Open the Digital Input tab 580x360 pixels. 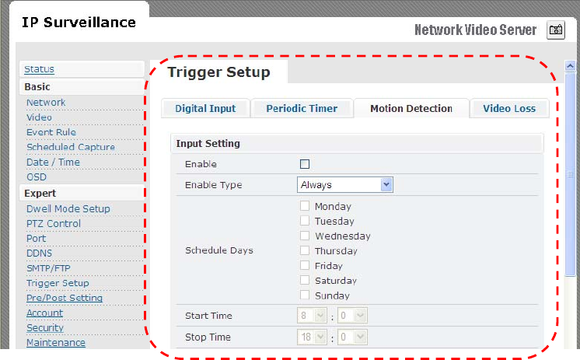coord(205,108)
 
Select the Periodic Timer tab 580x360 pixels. coord(302,108)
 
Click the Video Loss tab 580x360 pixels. coord(509,108)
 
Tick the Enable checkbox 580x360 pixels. coord(305,164)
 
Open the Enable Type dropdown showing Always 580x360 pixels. coord(344,184)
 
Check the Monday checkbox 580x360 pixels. coord(305,206)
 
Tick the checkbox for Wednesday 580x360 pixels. coord(305,236)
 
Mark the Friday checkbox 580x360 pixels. coord(305,265)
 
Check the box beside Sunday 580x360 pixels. coord(305,295)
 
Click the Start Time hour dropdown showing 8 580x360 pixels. coord(312,316)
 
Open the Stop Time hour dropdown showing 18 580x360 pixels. coord(312,337)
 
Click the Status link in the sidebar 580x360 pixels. coord(39,69)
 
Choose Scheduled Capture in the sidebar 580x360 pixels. coord(71,147)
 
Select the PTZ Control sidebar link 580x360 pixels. coord(54,223)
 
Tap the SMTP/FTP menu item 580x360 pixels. coord(48,268)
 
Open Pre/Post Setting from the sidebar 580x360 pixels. coord(65,298)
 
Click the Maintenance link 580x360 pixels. coord(56,343)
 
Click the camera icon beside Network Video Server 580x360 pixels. coord(556,30)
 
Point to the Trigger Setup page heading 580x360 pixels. coord(218,72)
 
